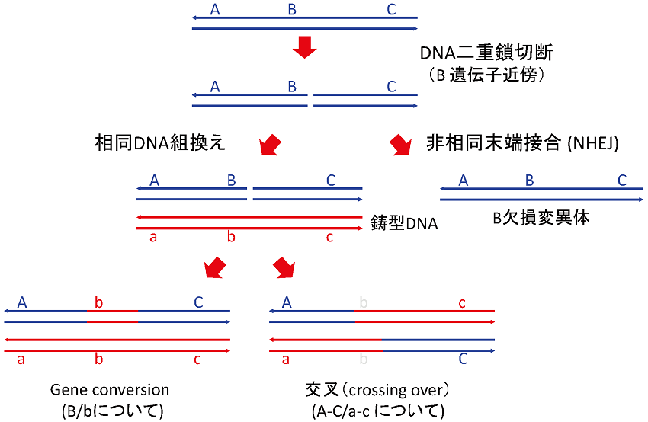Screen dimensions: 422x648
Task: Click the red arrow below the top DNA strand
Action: [304, 49]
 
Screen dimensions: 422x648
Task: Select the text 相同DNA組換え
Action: [160, 142]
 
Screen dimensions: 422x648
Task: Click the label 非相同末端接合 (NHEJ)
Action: [522, 142]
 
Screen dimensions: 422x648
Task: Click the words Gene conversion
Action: [110, 390]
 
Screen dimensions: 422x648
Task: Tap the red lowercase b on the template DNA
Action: [231, 238]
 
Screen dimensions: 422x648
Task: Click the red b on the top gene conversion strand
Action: [98, 302]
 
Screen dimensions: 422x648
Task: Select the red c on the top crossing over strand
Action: [462, 302]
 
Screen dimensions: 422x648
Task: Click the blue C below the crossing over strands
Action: [463, 359]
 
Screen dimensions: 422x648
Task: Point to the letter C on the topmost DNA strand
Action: [391, 10]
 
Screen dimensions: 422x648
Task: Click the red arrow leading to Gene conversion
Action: [216, 267]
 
